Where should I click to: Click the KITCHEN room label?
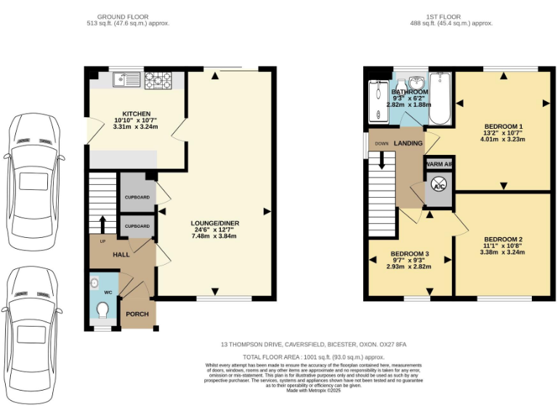(x=136, y=113)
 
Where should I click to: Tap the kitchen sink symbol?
(x=128, y=79)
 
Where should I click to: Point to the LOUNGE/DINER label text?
(x=214, y=223)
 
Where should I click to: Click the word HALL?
(x=121, y=255)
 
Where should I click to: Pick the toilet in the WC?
(x=103, y=311)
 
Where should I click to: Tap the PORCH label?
(x=137, y=314)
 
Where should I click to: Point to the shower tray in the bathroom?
(x=379, y=103)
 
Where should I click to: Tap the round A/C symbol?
(x=439, y=186)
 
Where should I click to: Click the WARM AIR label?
(x=439, y=164)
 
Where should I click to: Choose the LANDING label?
(x=408, y=143)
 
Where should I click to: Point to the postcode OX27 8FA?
(x=391, y=344)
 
